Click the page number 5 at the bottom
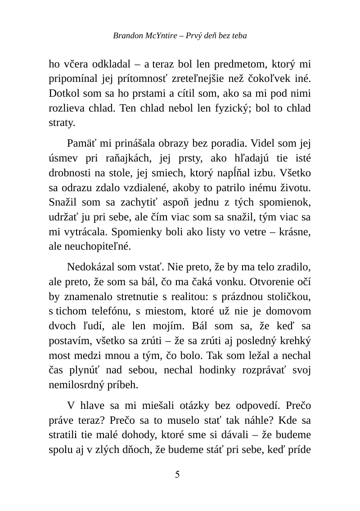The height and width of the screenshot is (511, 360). (x=178, y=474)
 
